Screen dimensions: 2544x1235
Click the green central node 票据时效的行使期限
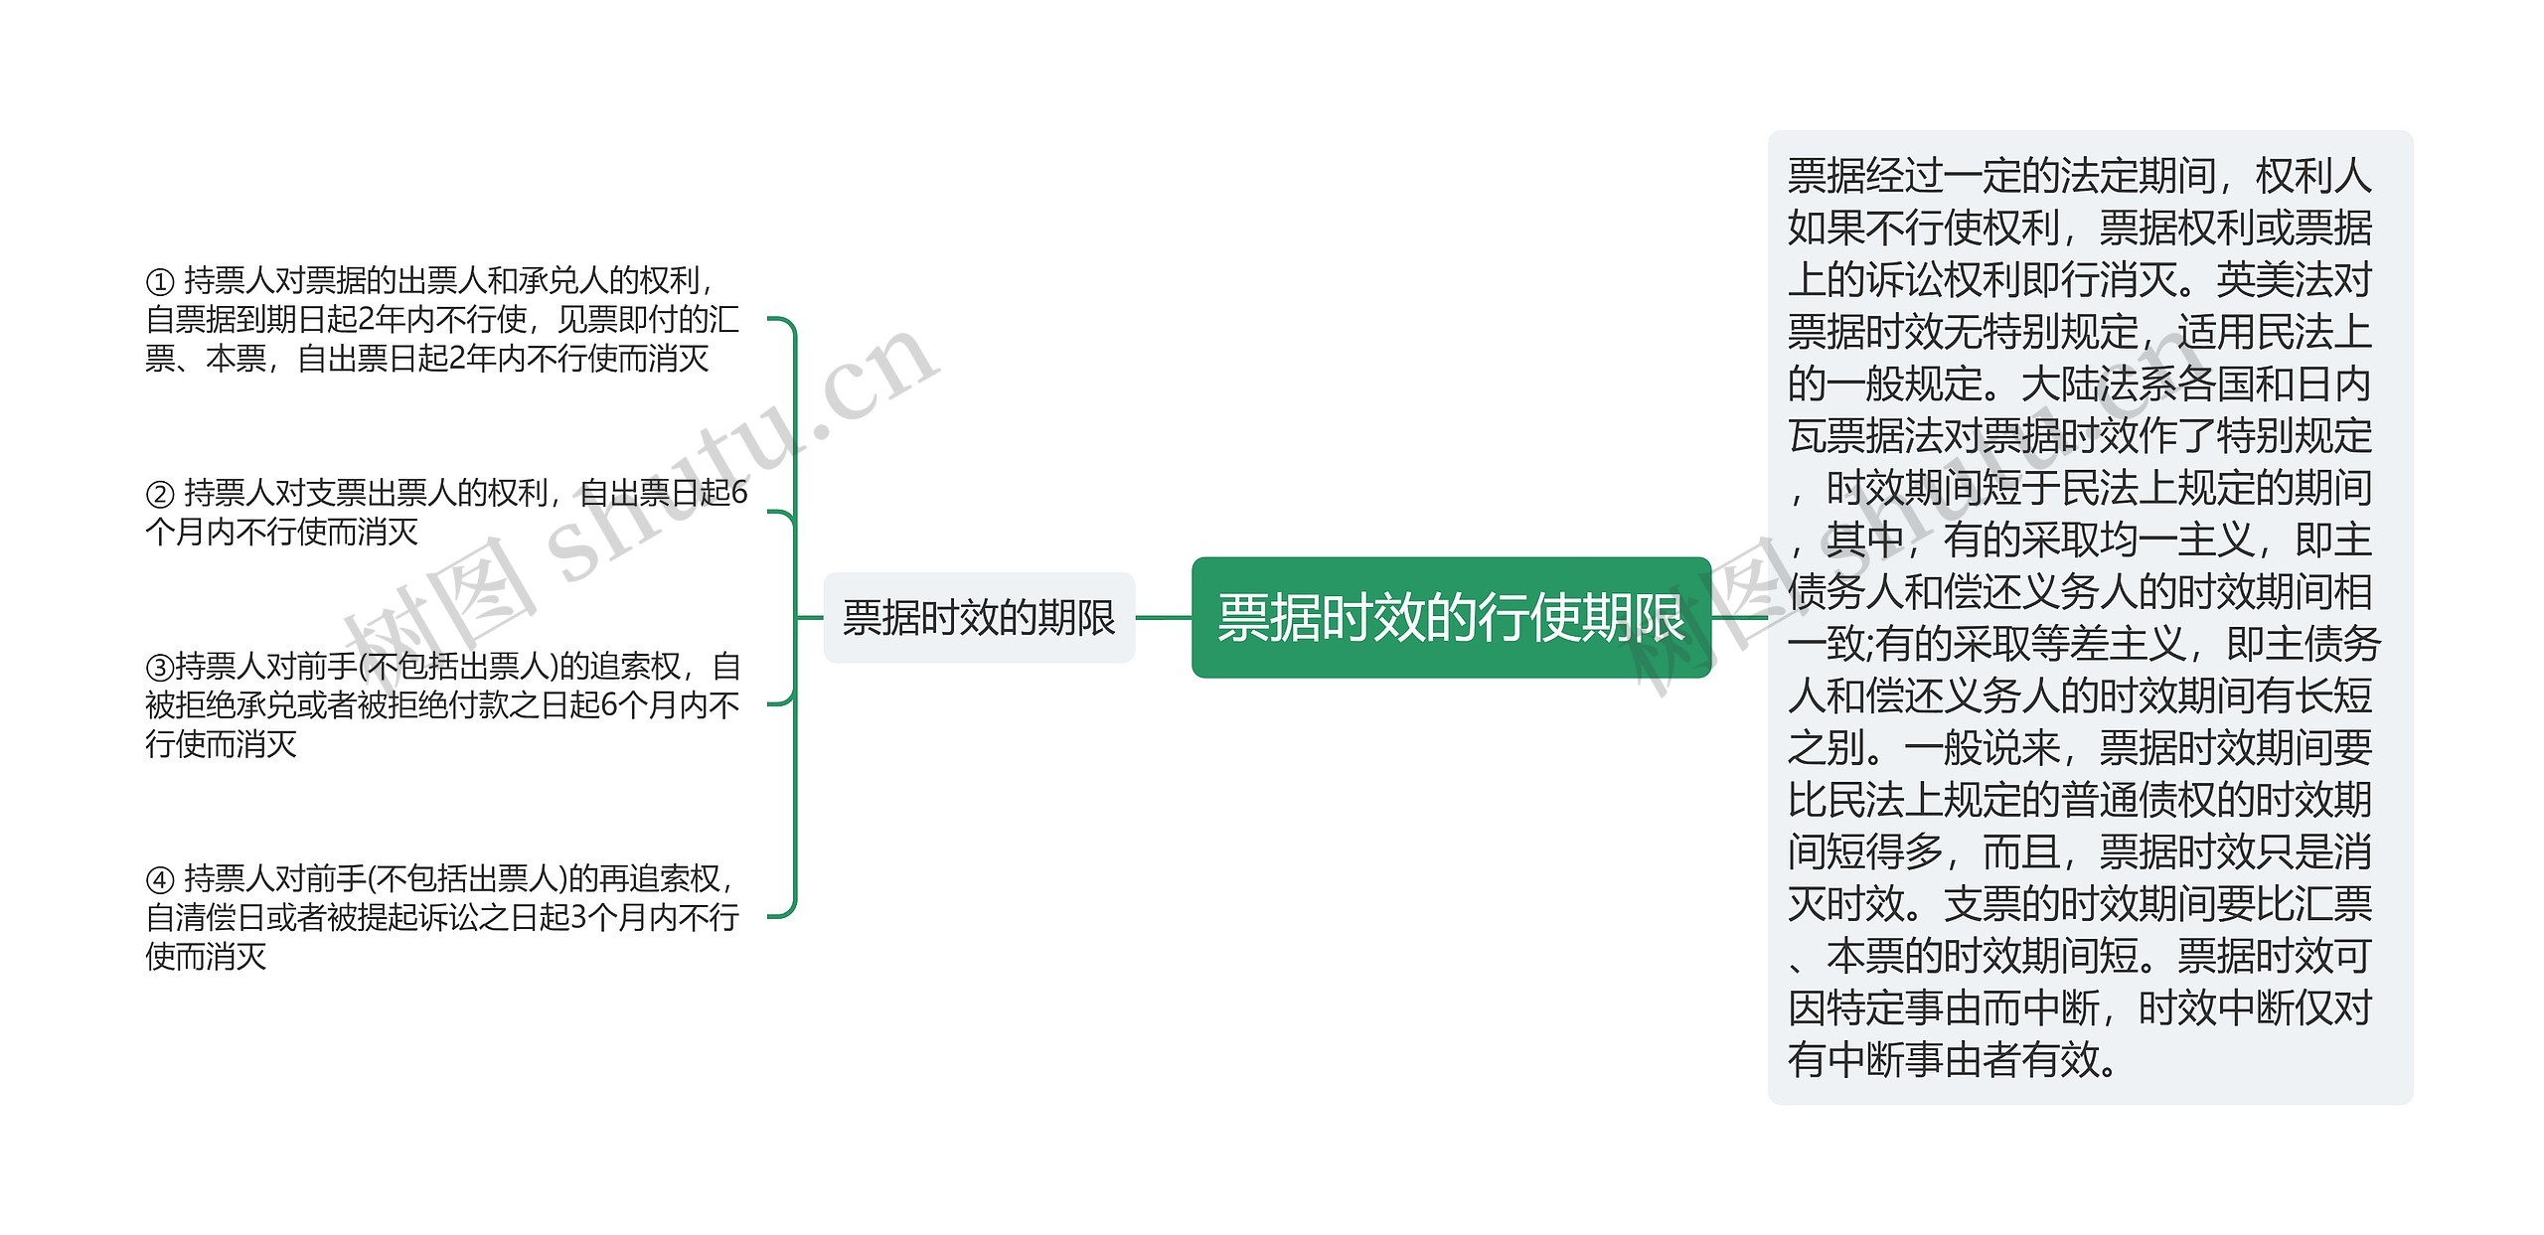1450,617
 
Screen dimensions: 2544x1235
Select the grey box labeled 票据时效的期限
979,617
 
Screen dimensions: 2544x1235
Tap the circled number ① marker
159,282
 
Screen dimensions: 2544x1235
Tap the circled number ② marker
159,494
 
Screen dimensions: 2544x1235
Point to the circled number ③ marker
159,667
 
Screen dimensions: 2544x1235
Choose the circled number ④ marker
159,879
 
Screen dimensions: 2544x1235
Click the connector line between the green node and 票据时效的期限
1163,617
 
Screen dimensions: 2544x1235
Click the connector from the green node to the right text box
1739,617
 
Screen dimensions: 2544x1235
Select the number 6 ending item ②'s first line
738,493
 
